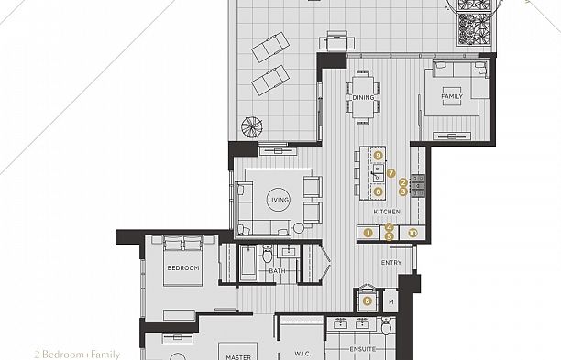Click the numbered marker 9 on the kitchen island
(x=378, y=157)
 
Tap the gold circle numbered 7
(x=390, y=172)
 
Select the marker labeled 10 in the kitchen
(x=412, y=234)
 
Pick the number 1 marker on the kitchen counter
(x=368, y=234)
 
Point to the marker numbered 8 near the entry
(x=368, y=300)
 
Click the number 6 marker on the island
(x=378, y=191)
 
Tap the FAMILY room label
(x=452, y=96)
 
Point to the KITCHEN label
(x=387, y=213)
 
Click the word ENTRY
(x=391, y=263)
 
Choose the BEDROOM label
(x=182, y=267)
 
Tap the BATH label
(x=277, y=271)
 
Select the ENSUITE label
(x=364, y=349)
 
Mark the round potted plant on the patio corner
(x=249, y=125)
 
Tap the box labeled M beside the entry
(x=390, y=300)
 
